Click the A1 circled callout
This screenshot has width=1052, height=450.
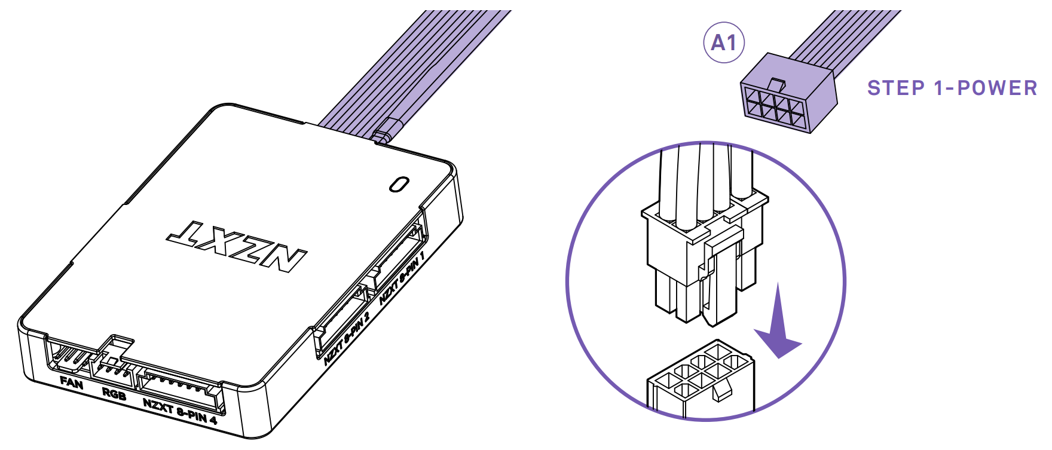tap(723, 43)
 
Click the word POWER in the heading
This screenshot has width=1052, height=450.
tap(997, 88)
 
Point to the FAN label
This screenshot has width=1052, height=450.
tap(72, 382)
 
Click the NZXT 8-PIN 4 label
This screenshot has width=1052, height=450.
tap(179, 411)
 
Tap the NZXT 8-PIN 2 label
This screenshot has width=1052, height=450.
tap(347, 338)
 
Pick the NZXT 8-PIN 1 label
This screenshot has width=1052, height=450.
tap(402, 278)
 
